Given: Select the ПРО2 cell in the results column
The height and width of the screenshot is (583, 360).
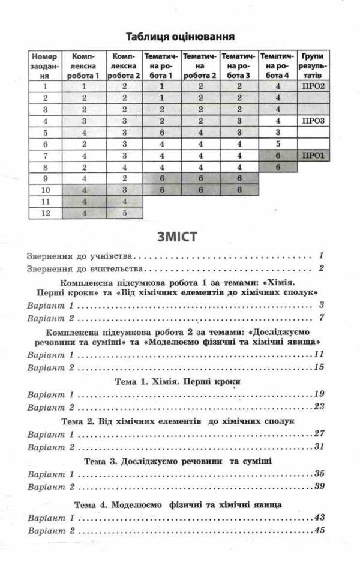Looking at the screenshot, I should click(314, 86).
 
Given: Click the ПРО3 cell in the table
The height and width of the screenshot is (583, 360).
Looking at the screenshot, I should click(314, 121).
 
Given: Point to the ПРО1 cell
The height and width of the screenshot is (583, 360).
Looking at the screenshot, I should click(314, 156).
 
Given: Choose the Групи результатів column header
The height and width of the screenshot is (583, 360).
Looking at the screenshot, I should click(314, 65).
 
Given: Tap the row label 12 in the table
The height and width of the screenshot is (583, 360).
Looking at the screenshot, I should click(44, 212).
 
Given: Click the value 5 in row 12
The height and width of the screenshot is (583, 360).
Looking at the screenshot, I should click(125, 212).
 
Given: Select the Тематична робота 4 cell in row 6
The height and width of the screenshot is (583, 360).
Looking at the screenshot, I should click(278, 144).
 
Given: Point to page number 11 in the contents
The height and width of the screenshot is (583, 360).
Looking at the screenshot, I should click(319, 354).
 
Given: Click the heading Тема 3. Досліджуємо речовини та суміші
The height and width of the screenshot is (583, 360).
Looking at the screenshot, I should click(178, 461).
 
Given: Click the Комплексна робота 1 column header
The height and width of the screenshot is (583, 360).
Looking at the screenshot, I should click(85, 65).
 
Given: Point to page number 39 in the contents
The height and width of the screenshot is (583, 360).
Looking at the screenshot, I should click(319, 485).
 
